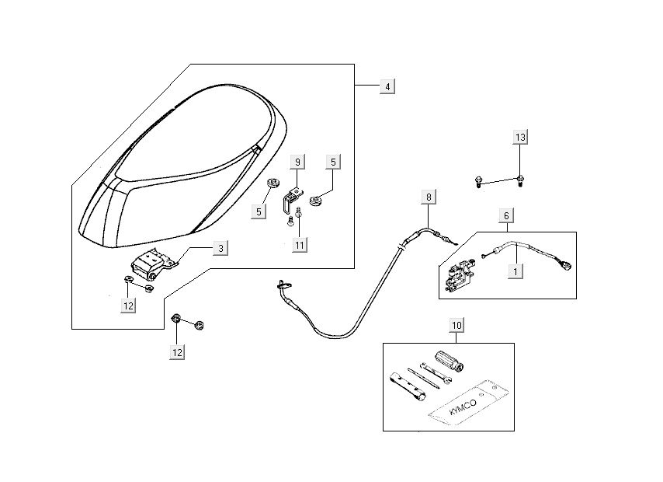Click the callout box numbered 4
[x=387, y=86]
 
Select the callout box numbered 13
[x=520, y=138]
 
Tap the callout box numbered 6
[x=506, y=215]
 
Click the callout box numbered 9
[x=297, y=162]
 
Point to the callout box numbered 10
[x=456, y=323]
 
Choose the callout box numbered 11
[x=300, y=244]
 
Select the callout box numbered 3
[x=220, y=248]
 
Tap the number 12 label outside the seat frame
[x=178, y=352]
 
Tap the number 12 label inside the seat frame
[x=128, y=306]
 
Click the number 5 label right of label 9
[x=333, y=162]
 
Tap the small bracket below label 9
[x=291, y=198]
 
